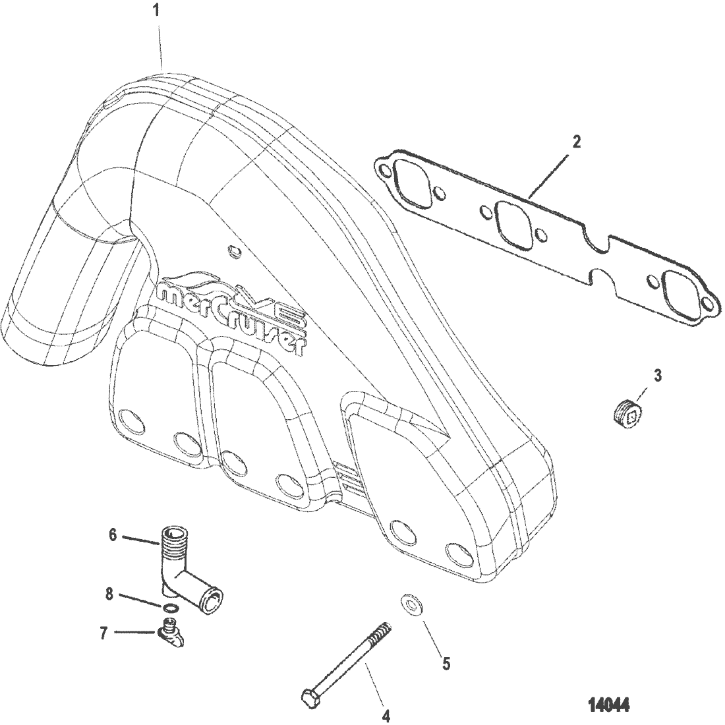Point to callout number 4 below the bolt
[x=386, y=714]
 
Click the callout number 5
[x=446, y=664]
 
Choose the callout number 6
[x=113, y=535]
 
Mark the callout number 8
[x=109, y=595]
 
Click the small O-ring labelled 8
[x=170, y=606]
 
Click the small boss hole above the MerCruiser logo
[x=231, y=251]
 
